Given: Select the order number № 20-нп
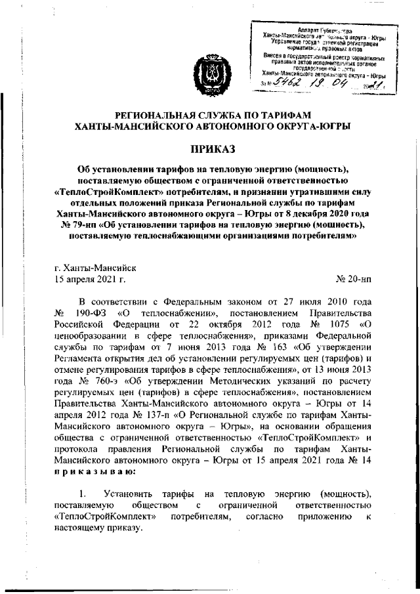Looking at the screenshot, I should [352, 280].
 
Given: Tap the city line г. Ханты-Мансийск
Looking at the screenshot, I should [96, 268].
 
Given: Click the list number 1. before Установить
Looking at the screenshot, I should [83, 493].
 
